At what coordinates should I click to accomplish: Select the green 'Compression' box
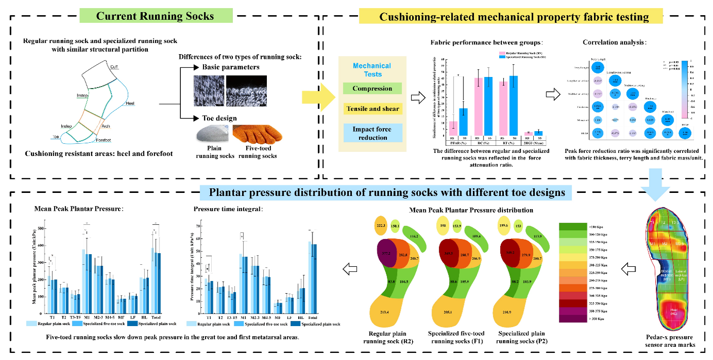coord(372,89)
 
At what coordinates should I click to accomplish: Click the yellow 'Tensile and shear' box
coord(372,109)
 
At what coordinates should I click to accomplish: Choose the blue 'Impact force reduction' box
coord(372,133)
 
